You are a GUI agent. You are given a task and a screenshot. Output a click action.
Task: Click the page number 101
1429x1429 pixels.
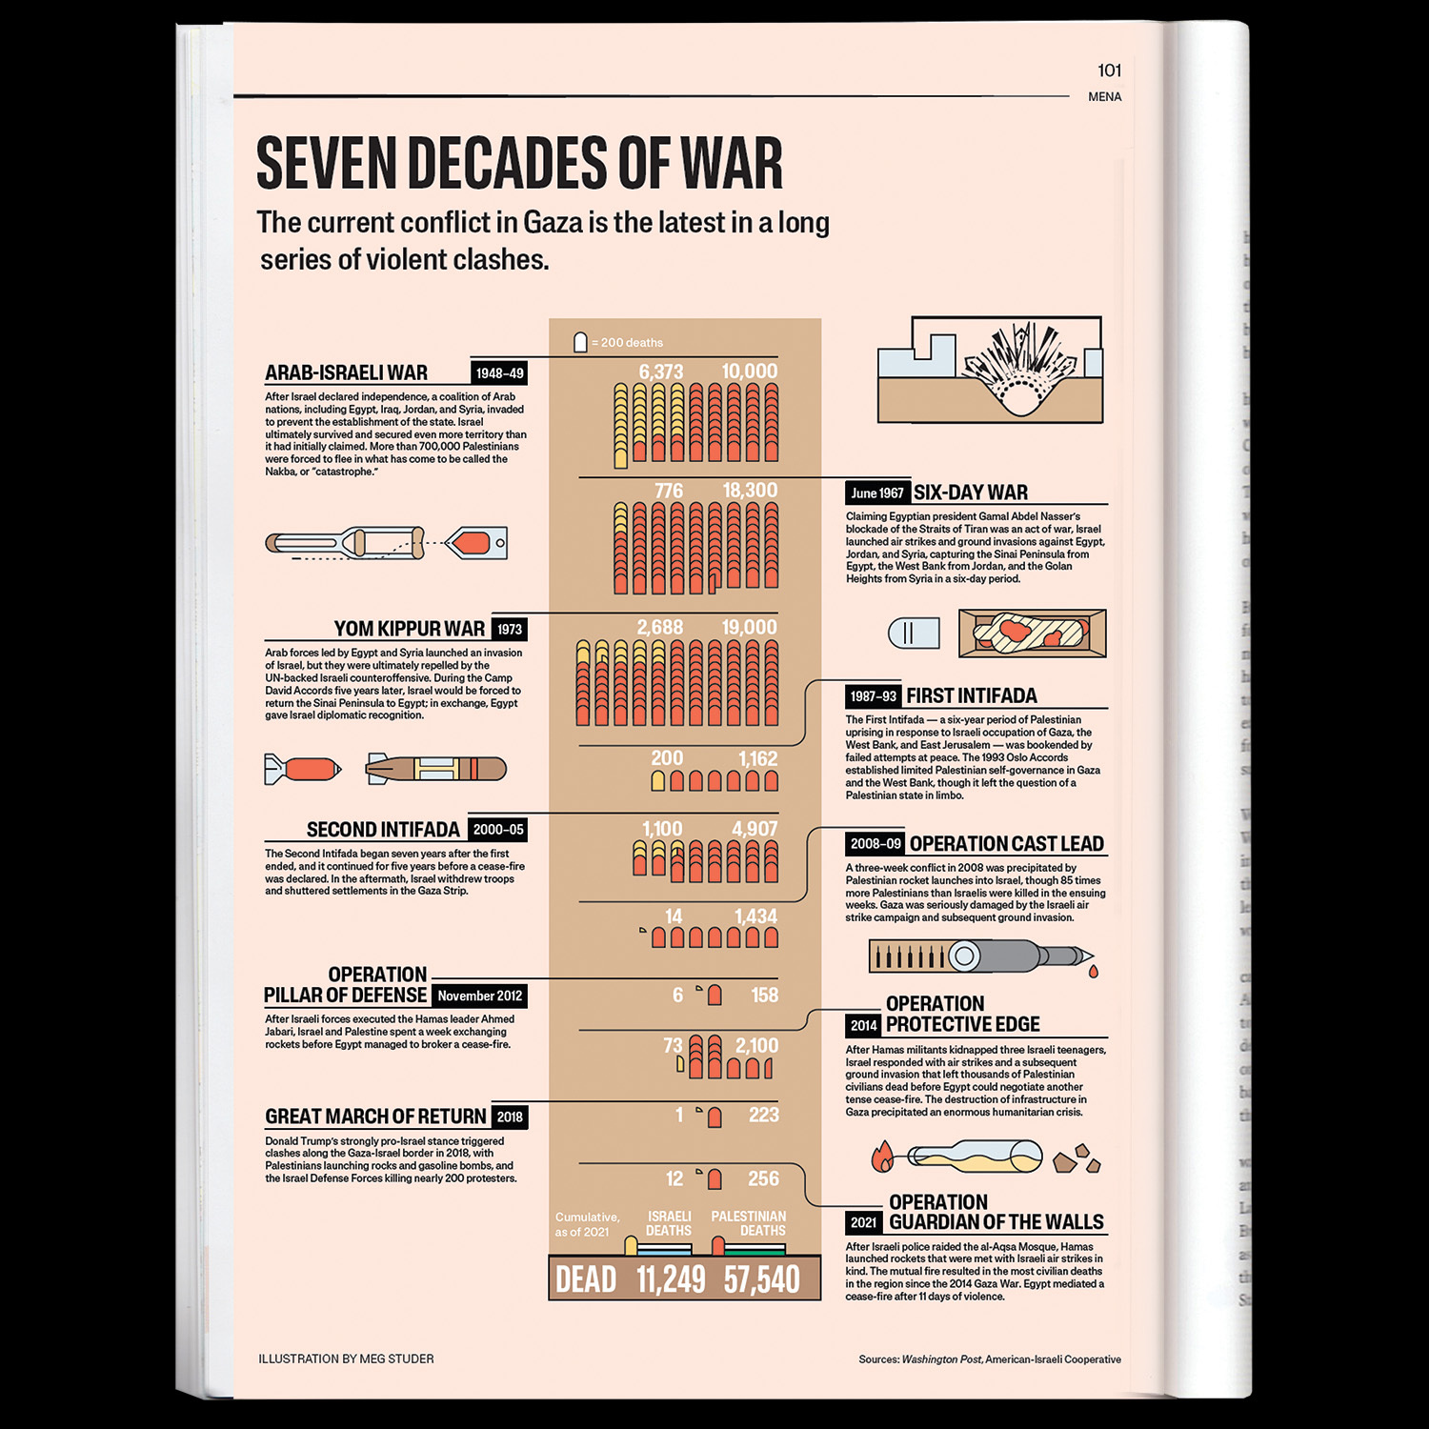1109,70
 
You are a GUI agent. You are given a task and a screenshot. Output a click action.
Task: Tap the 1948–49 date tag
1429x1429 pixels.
499,373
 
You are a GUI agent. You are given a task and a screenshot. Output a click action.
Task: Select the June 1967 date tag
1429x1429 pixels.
877,493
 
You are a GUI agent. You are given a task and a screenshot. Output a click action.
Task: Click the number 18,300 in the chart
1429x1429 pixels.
750,491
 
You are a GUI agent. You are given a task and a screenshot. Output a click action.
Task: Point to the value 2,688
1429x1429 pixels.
660,628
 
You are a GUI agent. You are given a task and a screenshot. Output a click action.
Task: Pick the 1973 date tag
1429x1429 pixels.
510,630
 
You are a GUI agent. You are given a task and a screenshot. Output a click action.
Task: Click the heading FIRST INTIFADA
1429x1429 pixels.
972,696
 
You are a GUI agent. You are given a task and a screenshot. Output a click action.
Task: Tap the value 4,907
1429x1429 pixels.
755,830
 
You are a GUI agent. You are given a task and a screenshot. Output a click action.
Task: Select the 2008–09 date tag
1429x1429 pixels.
876,844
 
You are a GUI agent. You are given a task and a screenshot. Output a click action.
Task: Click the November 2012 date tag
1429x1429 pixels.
479,996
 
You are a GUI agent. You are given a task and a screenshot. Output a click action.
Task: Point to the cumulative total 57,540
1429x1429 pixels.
762,1279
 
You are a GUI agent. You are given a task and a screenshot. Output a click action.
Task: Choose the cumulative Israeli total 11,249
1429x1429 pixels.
671,1279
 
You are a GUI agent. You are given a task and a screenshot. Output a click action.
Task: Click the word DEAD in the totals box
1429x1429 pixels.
586,1279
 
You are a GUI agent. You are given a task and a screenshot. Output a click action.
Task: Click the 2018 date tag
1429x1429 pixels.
510,1117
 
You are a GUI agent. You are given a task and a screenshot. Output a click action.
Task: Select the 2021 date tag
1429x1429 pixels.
864,1222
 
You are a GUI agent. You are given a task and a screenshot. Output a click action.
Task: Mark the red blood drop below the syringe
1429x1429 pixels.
1093,972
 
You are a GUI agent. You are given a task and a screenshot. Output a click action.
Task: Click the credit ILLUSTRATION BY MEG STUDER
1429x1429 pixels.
346,1359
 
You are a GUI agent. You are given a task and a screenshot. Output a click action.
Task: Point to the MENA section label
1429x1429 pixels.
1104,97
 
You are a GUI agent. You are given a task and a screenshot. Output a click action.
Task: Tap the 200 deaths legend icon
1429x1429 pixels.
580,342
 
